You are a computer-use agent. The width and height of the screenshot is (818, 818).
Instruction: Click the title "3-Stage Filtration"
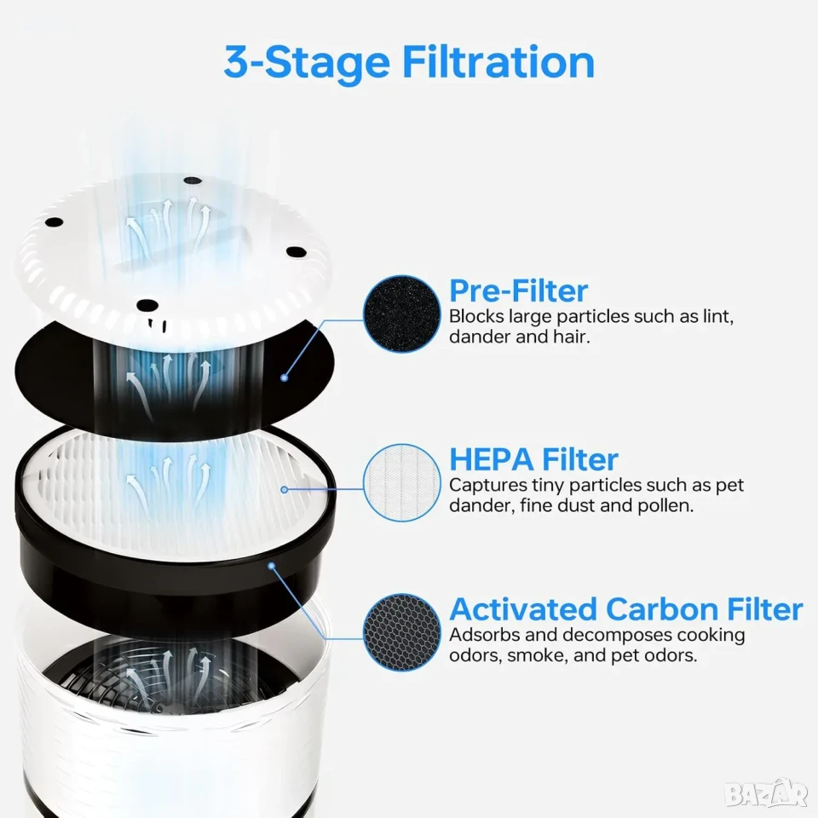click(x=410, y=62)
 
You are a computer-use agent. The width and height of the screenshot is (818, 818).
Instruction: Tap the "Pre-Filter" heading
click(x=519, y=291)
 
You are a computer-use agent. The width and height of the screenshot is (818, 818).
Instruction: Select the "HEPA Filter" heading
click(x=533, y=459)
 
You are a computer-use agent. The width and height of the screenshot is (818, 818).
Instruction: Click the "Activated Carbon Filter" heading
click(x=626, y=608)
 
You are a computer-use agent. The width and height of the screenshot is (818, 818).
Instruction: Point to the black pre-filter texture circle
click(x=401, y=314)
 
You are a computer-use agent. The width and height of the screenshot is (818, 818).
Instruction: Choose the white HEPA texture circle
click(x=401, y=482)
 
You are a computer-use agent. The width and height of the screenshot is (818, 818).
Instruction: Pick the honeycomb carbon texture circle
click(x=401, y=632)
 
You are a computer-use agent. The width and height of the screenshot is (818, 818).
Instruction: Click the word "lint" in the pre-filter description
click(x=718, y=316)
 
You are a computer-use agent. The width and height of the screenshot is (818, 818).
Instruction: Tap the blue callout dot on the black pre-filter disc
click(x=285, y=377)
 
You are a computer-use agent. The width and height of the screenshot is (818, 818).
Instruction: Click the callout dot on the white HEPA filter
click(x=285, y=490)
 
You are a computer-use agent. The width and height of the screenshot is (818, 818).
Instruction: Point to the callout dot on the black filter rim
click(x=271, y=566)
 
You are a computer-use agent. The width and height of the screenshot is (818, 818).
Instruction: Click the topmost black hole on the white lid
click(x=193, y=181)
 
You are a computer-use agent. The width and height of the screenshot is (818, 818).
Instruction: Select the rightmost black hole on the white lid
click(x=296, y=252)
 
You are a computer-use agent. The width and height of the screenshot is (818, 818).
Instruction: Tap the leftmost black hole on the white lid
click(x=54, y=222)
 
